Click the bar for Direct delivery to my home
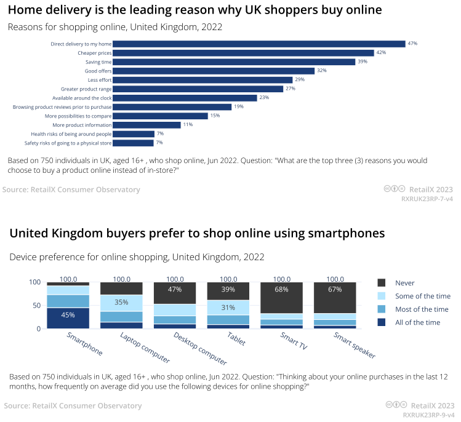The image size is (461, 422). tap(259, 44)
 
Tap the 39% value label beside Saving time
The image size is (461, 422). tap(363, 62)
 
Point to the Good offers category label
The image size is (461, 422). tap(98, 71)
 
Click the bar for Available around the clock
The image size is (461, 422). tap(185, 98)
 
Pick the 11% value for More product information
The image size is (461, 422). tap(188, 124)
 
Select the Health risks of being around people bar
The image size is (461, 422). tap(134, 133)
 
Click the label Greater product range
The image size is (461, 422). tap(86, 89)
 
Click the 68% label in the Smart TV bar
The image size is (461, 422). tap(282, 289)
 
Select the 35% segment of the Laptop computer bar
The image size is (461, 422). tap(121, 303)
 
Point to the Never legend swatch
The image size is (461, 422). tap(382, 282)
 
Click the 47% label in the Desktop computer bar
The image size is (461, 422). tap(175, 289)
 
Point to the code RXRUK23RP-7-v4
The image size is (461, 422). tap(427, 199)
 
